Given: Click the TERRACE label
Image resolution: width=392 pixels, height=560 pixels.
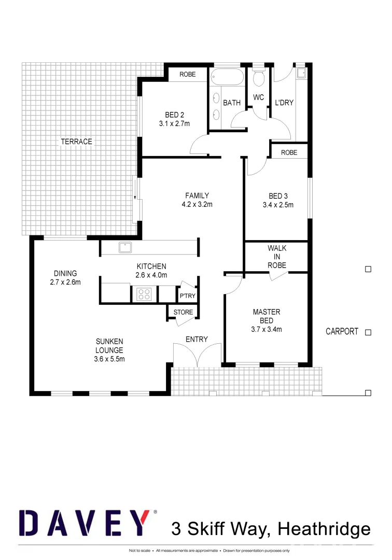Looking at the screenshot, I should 76,142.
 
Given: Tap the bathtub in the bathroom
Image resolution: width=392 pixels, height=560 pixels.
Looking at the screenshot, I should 227,78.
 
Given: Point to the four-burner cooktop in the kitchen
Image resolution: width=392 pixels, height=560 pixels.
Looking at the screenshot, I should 144,295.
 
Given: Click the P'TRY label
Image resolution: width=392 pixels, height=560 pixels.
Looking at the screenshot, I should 187,296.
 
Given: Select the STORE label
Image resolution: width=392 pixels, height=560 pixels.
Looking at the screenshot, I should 183,312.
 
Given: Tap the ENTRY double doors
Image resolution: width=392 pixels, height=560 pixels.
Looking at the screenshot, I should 197,355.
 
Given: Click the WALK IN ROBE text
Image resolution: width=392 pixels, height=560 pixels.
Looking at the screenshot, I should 277,257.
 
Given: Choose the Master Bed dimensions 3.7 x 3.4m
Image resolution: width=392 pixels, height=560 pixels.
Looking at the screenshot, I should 267,329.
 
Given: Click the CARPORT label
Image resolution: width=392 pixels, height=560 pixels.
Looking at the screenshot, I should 342,331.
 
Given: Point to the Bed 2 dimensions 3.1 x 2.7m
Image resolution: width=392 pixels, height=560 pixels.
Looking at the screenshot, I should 174,123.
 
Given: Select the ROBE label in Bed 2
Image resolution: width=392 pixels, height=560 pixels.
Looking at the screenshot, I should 187,75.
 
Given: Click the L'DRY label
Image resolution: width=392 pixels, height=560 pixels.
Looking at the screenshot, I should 284,103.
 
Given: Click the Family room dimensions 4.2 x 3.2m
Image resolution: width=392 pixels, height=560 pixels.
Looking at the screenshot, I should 197,204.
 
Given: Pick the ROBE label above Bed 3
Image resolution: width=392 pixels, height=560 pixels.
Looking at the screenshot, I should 289,152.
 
